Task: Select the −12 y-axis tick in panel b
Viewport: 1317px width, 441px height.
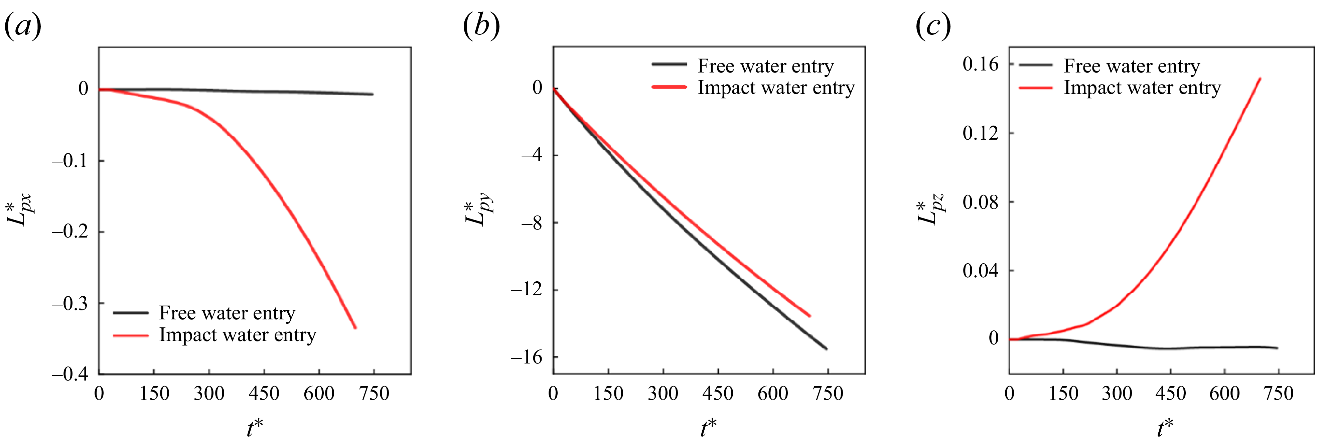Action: coord(526,290)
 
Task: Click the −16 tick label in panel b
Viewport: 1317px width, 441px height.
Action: coord(526,357)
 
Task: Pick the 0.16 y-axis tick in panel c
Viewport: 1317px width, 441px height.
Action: coord(980,64)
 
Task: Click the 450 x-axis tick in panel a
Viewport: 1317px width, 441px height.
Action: coord(264,394)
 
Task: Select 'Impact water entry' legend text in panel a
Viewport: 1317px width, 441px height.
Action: coord(238,335)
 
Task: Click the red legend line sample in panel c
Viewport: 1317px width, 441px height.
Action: coord(1036,88)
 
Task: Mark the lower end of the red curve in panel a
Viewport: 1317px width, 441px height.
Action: coord(355,327)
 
